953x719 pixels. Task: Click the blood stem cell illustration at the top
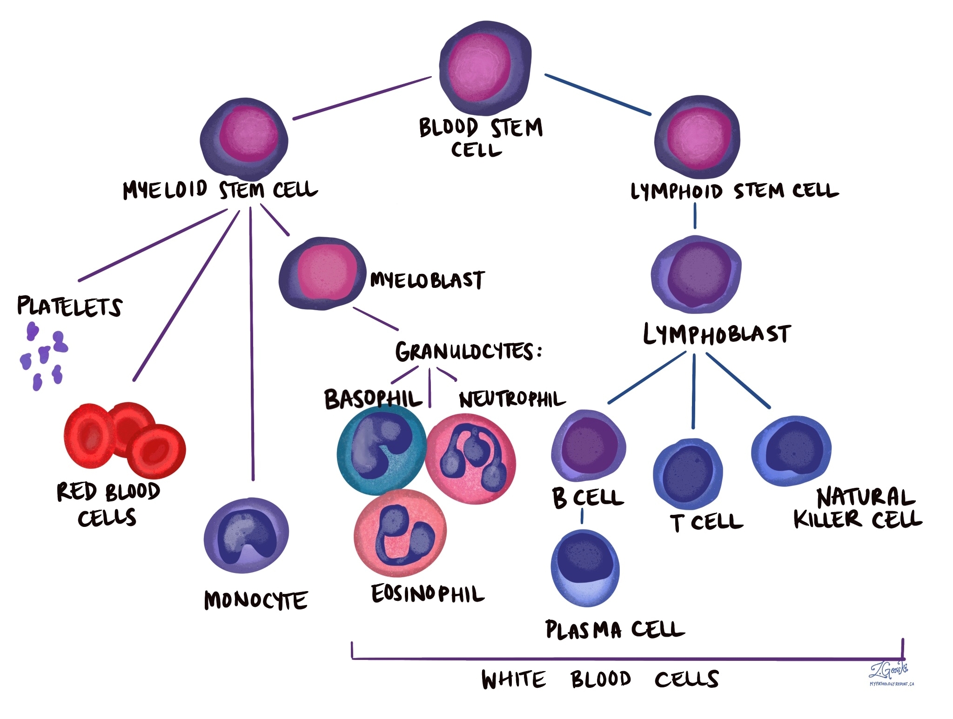(x=485, y=67)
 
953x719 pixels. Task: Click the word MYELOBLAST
(x=427, y=280)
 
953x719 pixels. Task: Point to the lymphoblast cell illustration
(x=696, y=274)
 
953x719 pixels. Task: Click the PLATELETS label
(x=70, y=306)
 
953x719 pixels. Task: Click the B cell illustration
(x=588, y=446)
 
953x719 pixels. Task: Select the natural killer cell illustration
(x=791, y=450)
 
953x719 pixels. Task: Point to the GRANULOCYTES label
(x=468, y=352)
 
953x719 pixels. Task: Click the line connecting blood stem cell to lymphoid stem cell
(x=597, y=94)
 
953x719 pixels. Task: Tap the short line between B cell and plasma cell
(x=582, y=516)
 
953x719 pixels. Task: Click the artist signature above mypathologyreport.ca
(x=888, y=670)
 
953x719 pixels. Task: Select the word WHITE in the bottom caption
(x=513, y=679)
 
